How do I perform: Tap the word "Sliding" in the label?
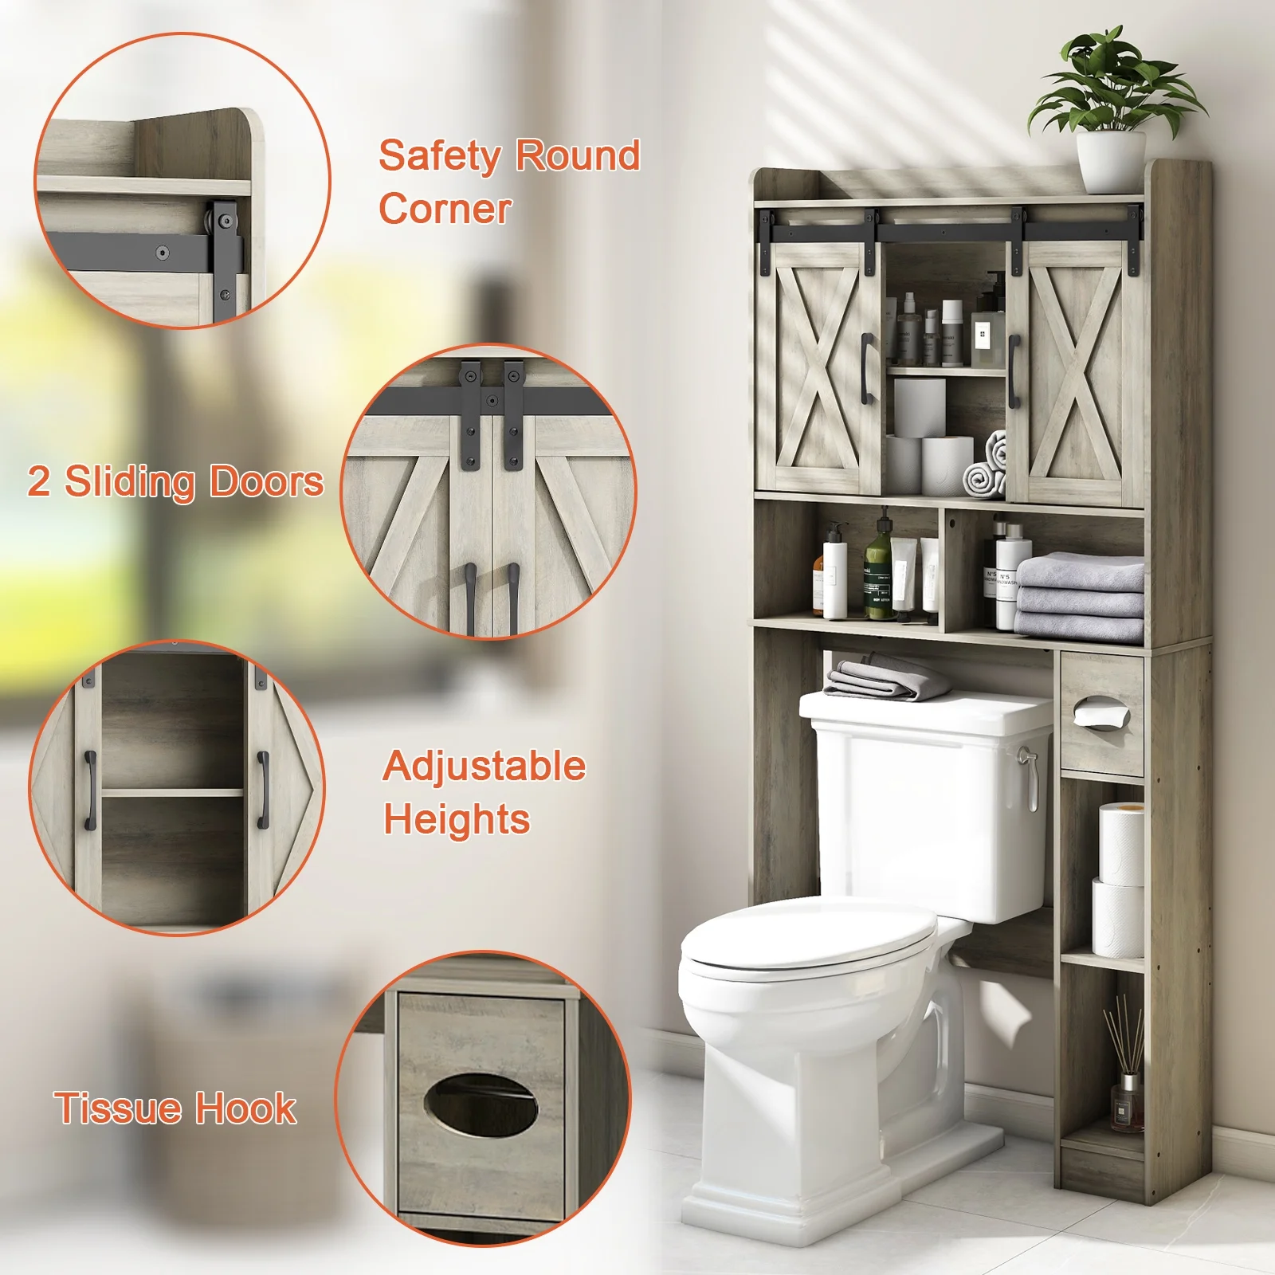(130, 483)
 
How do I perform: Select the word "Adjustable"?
(484, 767)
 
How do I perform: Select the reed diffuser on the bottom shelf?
(1124, 1067)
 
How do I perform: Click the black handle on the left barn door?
(867, 367)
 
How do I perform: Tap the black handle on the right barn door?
(1014, 370)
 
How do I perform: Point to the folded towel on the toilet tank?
(885, 680)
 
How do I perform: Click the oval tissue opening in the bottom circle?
(481, 1104)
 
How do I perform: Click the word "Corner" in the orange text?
(445, 210)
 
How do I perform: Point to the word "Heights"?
(457, 820)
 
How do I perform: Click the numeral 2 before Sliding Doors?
(38, 481)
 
